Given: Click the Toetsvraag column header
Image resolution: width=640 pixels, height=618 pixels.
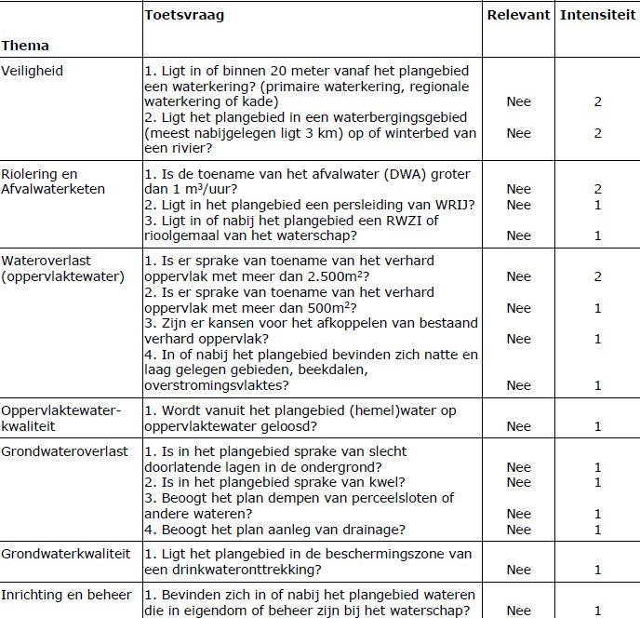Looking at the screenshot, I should [184, 16].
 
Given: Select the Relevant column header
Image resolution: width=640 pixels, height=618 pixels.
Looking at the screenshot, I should [518, 16].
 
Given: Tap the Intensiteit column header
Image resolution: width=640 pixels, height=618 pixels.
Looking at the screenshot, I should [597, 16].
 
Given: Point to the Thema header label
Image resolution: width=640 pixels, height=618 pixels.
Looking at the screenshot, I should [25, 46].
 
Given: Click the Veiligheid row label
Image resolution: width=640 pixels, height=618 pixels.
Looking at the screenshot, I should [33, 70].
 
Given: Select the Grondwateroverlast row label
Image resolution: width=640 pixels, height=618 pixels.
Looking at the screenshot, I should [64, 451].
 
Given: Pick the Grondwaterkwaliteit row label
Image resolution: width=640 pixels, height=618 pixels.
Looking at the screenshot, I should [66, 554].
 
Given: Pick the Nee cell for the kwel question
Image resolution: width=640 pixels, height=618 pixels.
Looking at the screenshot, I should [518, 482].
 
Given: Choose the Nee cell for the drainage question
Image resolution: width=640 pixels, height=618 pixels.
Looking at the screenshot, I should [518, 530].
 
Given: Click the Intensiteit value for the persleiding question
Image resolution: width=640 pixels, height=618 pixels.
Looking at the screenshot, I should [598, 205].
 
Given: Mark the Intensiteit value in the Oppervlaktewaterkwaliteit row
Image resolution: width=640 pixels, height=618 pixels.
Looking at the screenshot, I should [598, 426].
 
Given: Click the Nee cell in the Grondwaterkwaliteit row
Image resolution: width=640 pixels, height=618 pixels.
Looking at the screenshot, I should [518, 570].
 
